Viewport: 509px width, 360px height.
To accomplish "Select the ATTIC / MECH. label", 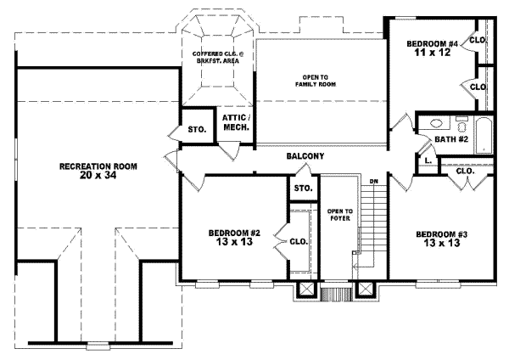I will (234, 122).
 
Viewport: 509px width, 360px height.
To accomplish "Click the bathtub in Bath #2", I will (484, 136).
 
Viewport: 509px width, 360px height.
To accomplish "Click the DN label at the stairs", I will (373, 181).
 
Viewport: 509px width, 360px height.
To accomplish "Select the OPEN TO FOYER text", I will (334, 217).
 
